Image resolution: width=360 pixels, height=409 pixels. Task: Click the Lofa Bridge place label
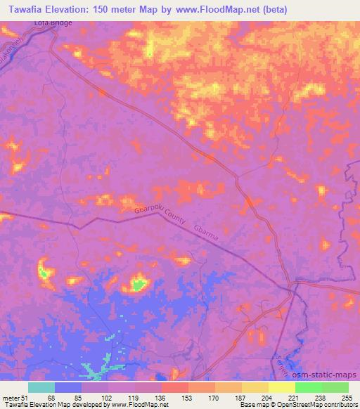click(53, 23)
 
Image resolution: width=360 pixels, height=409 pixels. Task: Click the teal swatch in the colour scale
click(41, 387)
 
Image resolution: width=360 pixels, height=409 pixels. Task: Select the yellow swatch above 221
click(282, 387)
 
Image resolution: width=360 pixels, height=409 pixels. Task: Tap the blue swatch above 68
click(68, 387)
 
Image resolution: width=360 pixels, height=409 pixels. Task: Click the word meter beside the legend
click(12, 398)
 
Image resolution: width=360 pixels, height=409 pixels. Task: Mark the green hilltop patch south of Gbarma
click(139, 284)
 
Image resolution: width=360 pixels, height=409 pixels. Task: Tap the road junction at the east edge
click(294, 285)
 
